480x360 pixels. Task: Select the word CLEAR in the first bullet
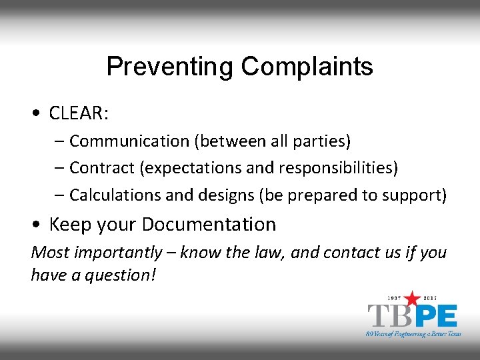tap(77, 114)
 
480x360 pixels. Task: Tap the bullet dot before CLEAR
tap(35, 114)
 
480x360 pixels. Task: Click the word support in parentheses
tap(418, 195)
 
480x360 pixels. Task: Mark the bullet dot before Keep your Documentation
tap(35, 225)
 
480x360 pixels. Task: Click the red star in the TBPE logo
tap(413, 297)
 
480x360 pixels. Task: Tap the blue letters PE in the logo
tap(435, 315)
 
